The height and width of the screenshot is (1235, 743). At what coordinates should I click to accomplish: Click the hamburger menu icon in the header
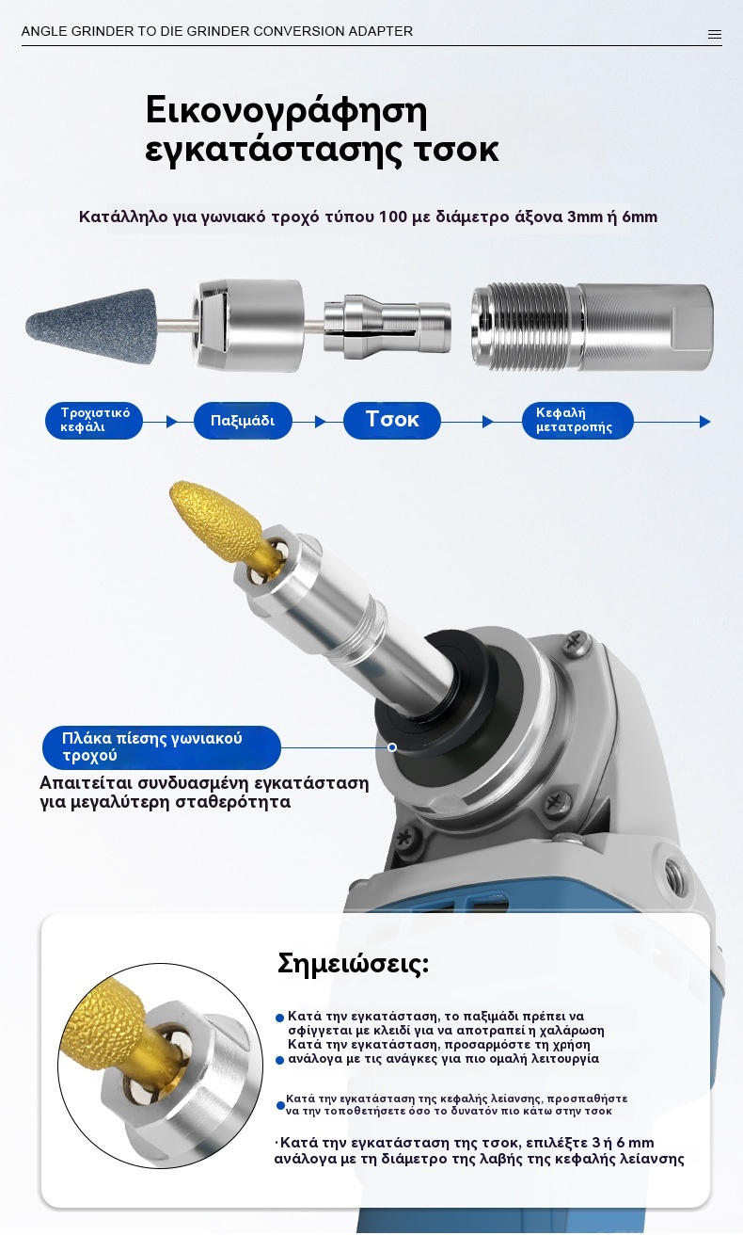(x=715, y=35)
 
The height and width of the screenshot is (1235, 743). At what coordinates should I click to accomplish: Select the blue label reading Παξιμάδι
(x=243, y=421)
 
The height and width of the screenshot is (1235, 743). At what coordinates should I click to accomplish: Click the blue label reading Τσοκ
(x=391, y=421)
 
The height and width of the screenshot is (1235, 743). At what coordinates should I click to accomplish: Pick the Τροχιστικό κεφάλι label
(x=94, y=421)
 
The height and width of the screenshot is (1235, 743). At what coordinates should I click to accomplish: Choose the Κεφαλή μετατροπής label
(x=577, y=421)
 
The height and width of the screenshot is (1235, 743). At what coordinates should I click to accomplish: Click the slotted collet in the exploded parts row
(x=387, y=326)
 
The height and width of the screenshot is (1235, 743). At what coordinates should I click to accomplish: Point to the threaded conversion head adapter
(x=593, y=327)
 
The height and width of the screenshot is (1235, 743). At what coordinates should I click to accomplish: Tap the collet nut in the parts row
(x=248, y=326)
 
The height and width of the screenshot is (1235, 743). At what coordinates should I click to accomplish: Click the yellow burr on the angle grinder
(x=216, y=520)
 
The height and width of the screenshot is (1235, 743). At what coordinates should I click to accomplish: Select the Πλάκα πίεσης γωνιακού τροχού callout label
(x=162, y=747)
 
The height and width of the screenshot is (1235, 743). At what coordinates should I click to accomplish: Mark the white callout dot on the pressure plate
(x=391, y=747)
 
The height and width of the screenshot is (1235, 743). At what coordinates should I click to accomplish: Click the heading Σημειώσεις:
(x=353, y=964)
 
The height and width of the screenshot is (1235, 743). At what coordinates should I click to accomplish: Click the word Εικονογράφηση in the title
(x=287, y=111)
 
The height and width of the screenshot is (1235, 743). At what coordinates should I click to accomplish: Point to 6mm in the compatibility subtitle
(x=640, y=217)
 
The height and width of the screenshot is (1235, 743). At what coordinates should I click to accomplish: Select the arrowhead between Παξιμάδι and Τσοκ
(x=320, y=422)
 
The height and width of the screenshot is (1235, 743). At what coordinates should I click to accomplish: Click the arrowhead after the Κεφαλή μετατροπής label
(x=705, y=422)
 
